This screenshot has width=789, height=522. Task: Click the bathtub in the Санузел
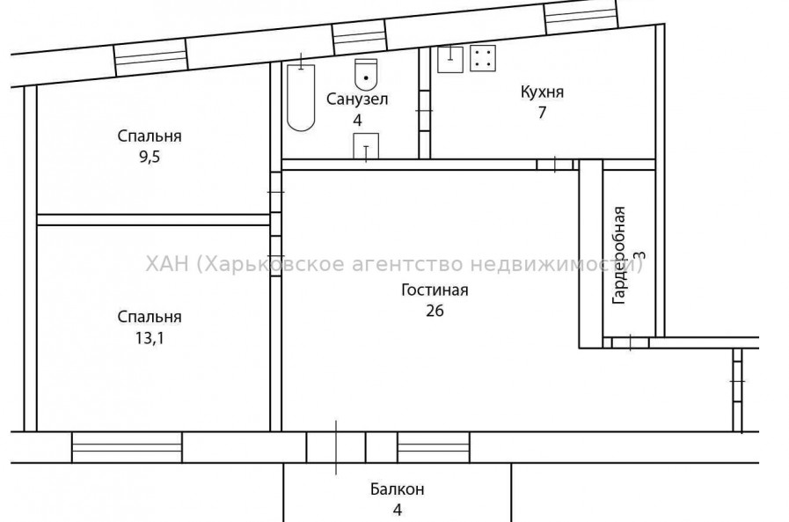pyautogui.click(x=301, y=99)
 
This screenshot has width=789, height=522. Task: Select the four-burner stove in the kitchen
pyautogui.click(x=483, y=58)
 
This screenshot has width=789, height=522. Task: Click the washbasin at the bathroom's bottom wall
pyautogui.click(x=366, y=145)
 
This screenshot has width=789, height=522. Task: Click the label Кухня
pyautogui.click(x=542, y=92)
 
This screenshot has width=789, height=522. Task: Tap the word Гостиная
pyautogui.click(x=434, y=290)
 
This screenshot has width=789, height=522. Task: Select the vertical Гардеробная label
pyautogui.click(x=619, y=255)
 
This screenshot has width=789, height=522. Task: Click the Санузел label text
pyautogui.click(x=357, y=99)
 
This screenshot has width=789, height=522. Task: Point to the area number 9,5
pyautogui.click(x=150, y=158)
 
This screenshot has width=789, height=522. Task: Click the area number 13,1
pyautogui.click(x=150, y=337)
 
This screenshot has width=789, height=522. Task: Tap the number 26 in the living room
pyautogui.click(x=434, y=311)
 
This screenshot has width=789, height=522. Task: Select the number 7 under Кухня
pyautogui.click(x=542, y=112)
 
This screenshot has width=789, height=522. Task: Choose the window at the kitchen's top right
pyautogui.click(x=581, y=15)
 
